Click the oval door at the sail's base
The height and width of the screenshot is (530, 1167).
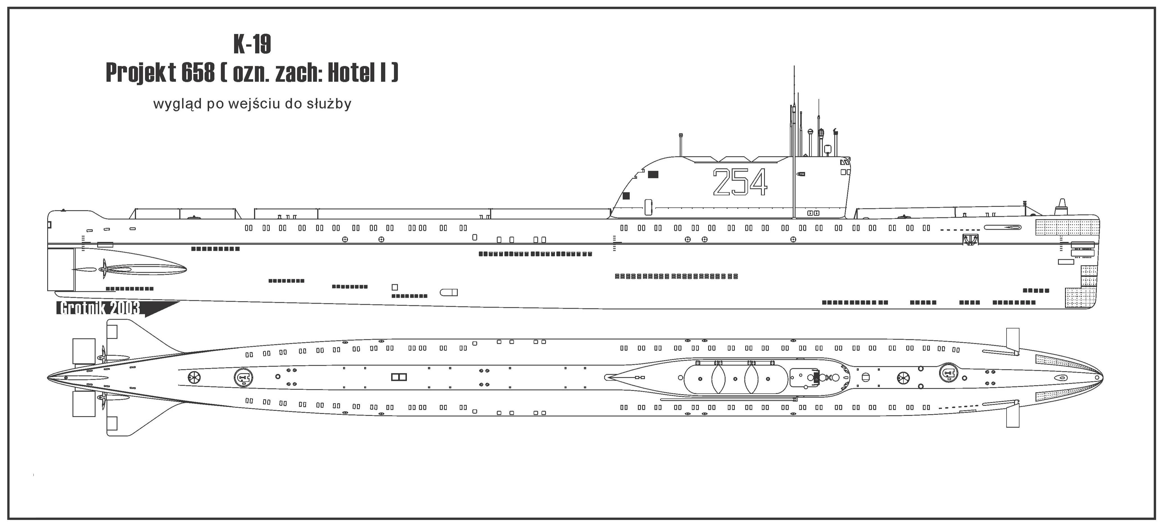tap(648, 207)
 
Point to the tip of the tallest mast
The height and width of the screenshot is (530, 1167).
tap(794, 67)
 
